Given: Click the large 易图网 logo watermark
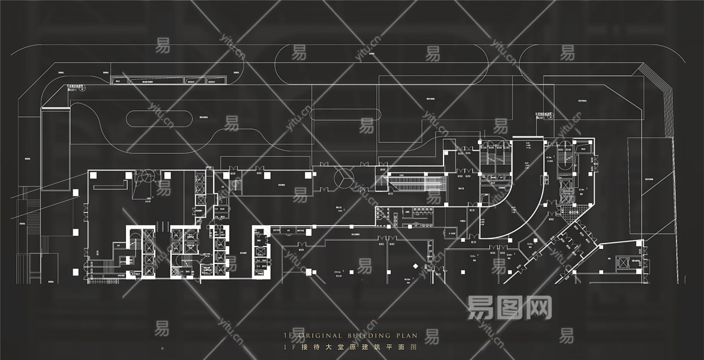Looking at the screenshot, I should point(509,308).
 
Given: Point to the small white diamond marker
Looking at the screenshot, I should point(415,265).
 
